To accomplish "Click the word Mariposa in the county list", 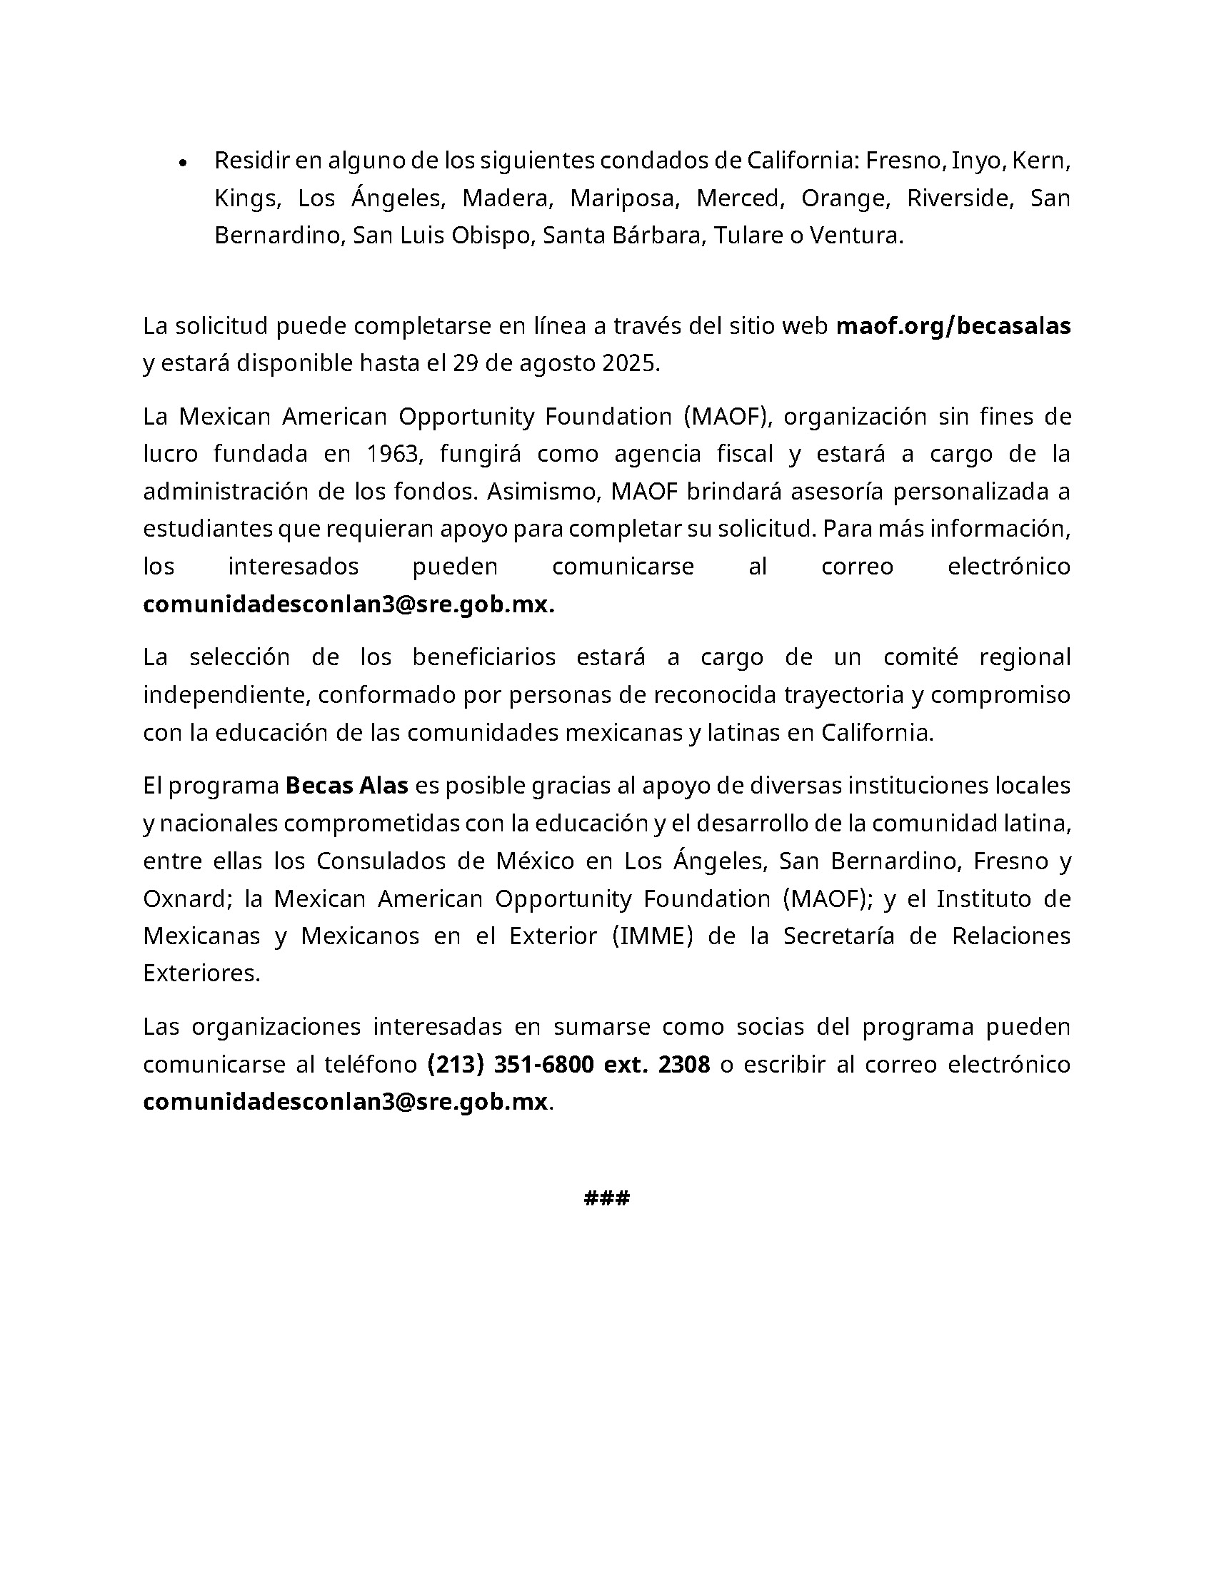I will (624, 198).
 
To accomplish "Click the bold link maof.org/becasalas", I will (953, 325).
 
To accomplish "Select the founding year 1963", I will (393, 454).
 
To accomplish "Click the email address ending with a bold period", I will (348, 604).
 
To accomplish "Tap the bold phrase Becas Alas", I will (346, 786).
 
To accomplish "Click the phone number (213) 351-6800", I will (510, 1064).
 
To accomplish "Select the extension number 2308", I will (684, 1064).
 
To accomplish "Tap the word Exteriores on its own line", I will (201, 973).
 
